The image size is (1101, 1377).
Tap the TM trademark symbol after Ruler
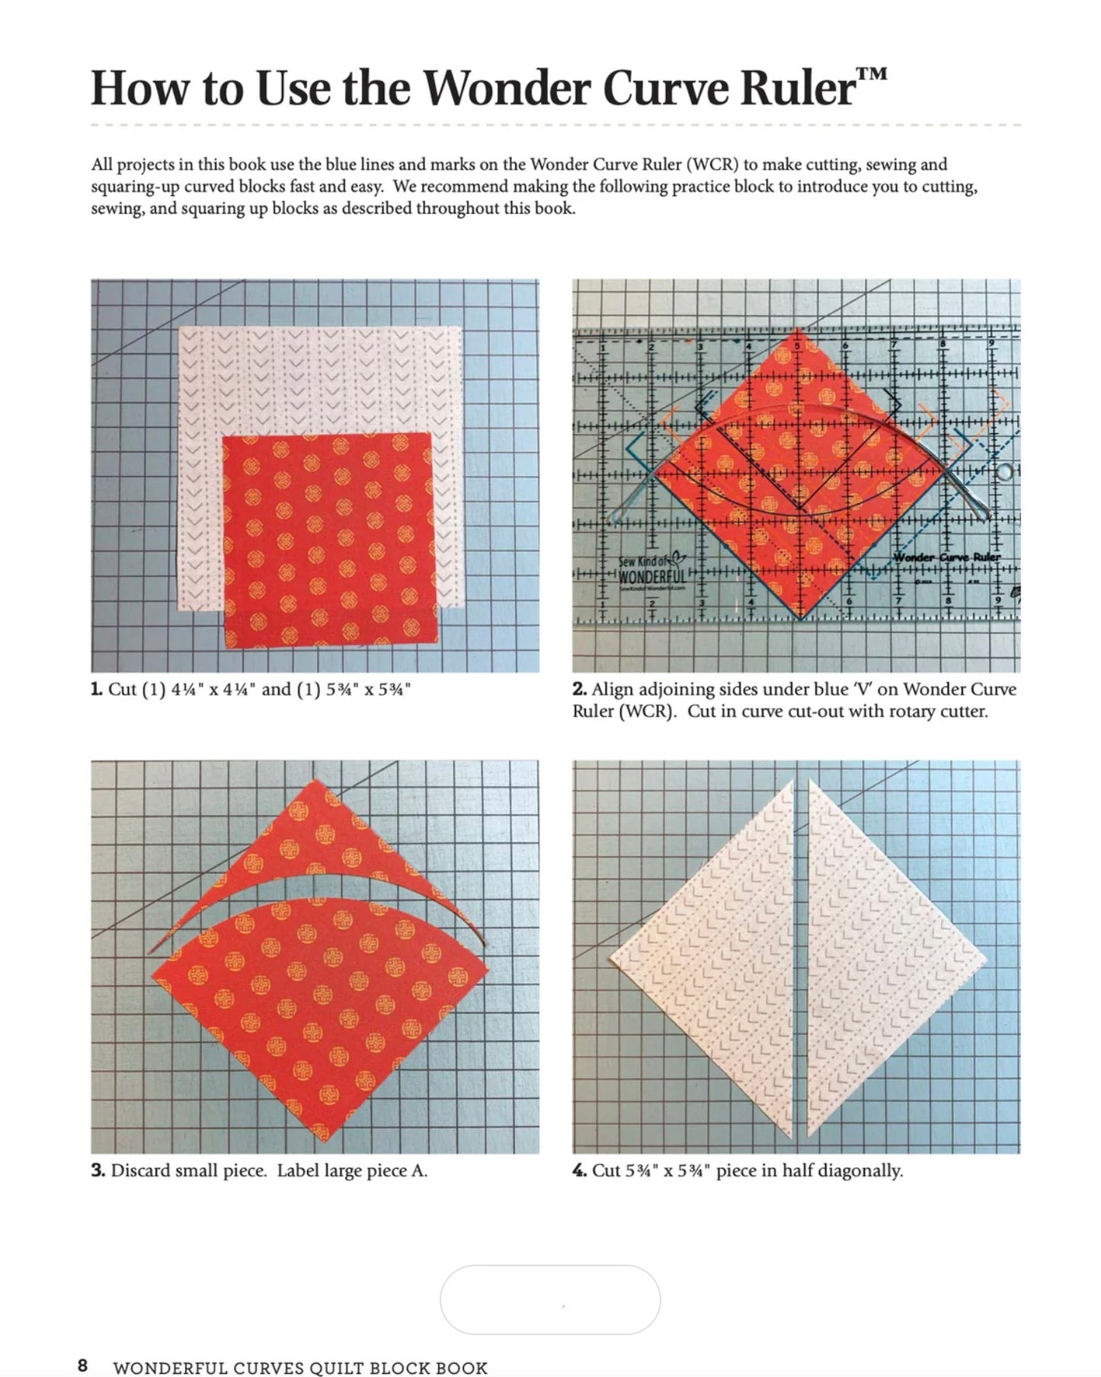tap(872, 74)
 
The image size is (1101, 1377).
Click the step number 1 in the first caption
tap(96, 689)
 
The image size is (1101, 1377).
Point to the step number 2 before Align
tap(579, 689)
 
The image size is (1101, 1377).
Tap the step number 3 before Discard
tap(98, 1170)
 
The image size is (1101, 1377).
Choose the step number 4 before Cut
tap(579, 1170)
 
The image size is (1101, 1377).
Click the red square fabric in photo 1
tap(328, 540)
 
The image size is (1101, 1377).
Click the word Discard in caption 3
tap(140, 1170)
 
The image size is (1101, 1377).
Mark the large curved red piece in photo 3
tap(320, 1014)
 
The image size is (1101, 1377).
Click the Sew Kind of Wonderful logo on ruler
tap(651, 570)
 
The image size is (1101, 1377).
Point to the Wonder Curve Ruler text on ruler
tap(947, 557)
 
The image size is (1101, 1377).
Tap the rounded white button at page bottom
tap(550, 1300)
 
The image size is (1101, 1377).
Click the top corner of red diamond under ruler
tap(798, 329)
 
